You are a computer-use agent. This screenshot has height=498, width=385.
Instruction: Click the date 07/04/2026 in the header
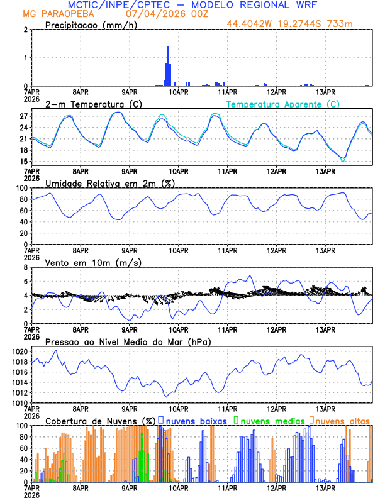tap(150, 13)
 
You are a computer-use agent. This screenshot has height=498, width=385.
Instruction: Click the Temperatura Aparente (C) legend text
tap(283, 104)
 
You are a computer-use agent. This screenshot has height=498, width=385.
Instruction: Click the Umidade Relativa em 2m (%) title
tap(110, 183)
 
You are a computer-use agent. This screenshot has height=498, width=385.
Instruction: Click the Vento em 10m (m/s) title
tap(93, 262)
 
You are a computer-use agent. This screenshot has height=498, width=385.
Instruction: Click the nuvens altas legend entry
tap(342, 420)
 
